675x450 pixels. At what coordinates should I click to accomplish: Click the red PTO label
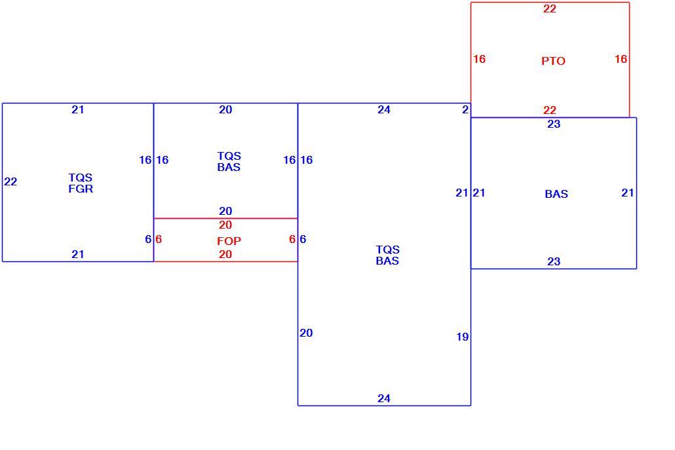[x=553, y=61]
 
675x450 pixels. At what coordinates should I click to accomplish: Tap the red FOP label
[x=229, y=241]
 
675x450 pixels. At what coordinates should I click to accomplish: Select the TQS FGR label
[x=81, y=183]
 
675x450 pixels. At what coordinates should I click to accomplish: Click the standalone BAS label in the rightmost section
[x=556, y=194]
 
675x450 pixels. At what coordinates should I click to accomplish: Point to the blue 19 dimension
[x=462, y=337]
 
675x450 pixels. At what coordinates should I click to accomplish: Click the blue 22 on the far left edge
[x=10, y=181]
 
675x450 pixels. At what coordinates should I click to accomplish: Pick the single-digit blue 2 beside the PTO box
[x=465, y=109]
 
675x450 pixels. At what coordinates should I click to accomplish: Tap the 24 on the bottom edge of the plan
[x=384, y=398]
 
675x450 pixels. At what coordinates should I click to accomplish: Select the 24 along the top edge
[x=384, y=109]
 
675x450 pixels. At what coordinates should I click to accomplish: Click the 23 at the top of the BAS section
[x=554, y=124]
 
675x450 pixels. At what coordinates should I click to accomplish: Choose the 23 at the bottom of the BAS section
[x=554, y=261]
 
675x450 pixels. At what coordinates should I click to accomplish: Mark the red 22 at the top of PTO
[x=550, y=9]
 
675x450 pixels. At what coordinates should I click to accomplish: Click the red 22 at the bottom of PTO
[x=550, y=110]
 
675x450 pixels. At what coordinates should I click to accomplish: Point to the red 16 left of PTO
[x=479, y=59]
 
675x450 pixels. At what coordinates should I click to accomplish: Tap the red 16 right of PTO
[x=621, y=59]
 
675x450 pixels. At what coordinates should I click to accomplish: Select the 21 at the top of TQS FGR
[x=78, y=109]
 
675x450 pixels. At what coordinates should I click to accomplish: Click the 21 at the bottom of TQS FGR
[x=78, y=254]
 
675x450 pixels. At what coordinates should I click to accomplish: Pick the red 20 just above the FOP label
[x=225, y=225]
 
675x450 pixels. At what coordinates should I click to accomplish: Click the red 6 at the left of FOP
[x=159, y=239]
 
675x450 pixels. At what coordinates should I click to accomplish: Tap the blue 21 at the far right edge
[x=628, y=193]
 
